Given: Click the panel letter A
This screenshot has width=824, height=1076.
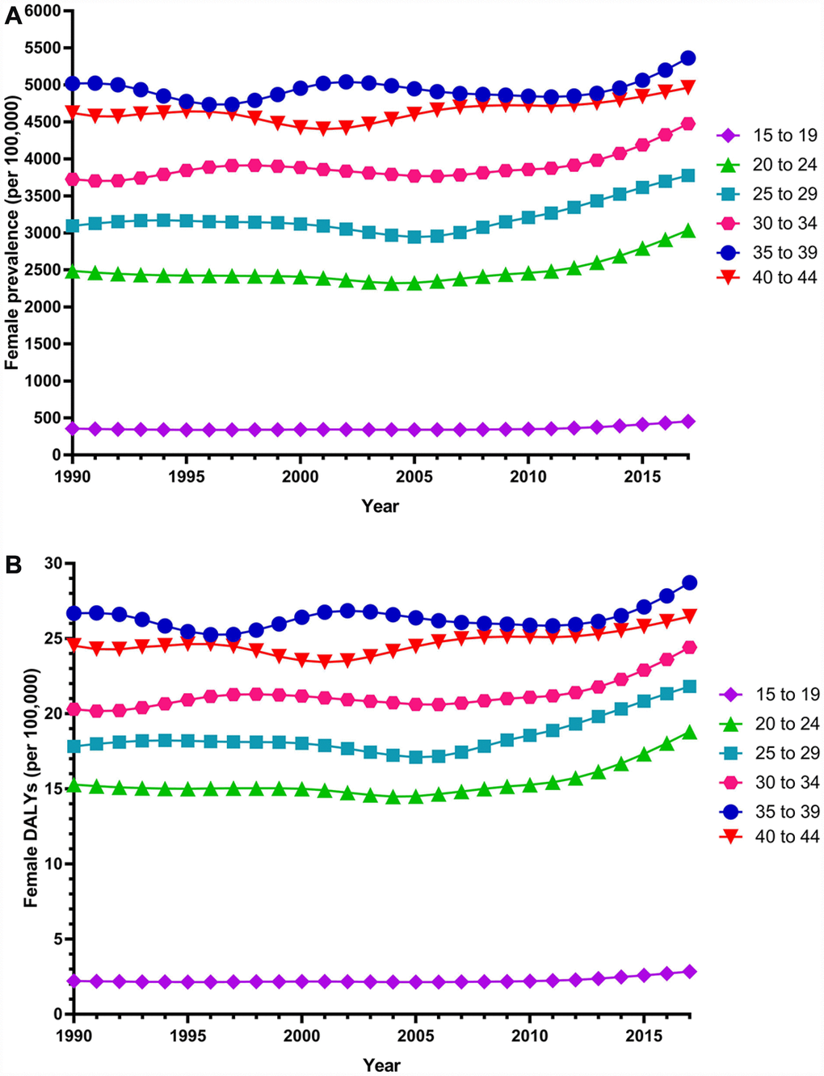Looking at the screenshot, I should tap(13, 15).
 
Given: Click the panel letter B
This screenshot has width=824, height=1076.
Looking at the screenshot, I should tap(13, 565).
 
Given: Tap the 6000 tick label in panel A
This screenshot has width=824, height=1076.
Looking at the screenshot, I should tap(44, 11).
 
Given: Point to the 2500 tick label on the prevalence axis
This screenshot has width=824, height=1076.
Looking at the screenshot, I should tap(44, 270).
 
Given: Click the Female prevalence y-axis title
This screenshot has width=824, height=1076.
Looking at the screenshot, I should tap(12, 233).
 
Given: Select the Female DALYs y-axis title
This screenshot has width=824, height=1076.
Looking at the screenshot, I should tap(31, 788).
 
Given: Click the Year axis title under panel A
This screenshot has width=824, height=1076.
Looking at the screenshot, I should tap(380, 506).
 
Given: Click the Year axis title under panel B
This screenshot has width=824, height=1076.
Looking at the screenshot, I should tap(380, 1065).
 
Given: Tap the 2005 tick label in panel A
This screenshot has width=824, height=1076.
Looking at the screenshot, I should tap(414, 477).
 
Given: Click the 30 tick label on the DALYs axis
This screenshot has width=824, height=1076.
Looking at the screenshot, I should tap(53, 563).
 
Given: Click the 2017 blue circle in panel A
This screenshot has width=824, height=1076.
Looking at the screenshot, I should tap(688, 58).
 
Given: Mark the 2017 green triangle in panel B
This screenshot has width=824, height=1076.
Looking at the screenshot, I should tap(689, 732).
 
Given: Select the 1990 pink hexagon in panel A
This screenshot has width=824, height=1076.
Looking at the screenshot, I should tap(73, 179).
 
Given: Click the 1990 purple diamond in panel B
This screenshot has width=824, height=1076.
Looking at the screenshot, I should tap(74, 981).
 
